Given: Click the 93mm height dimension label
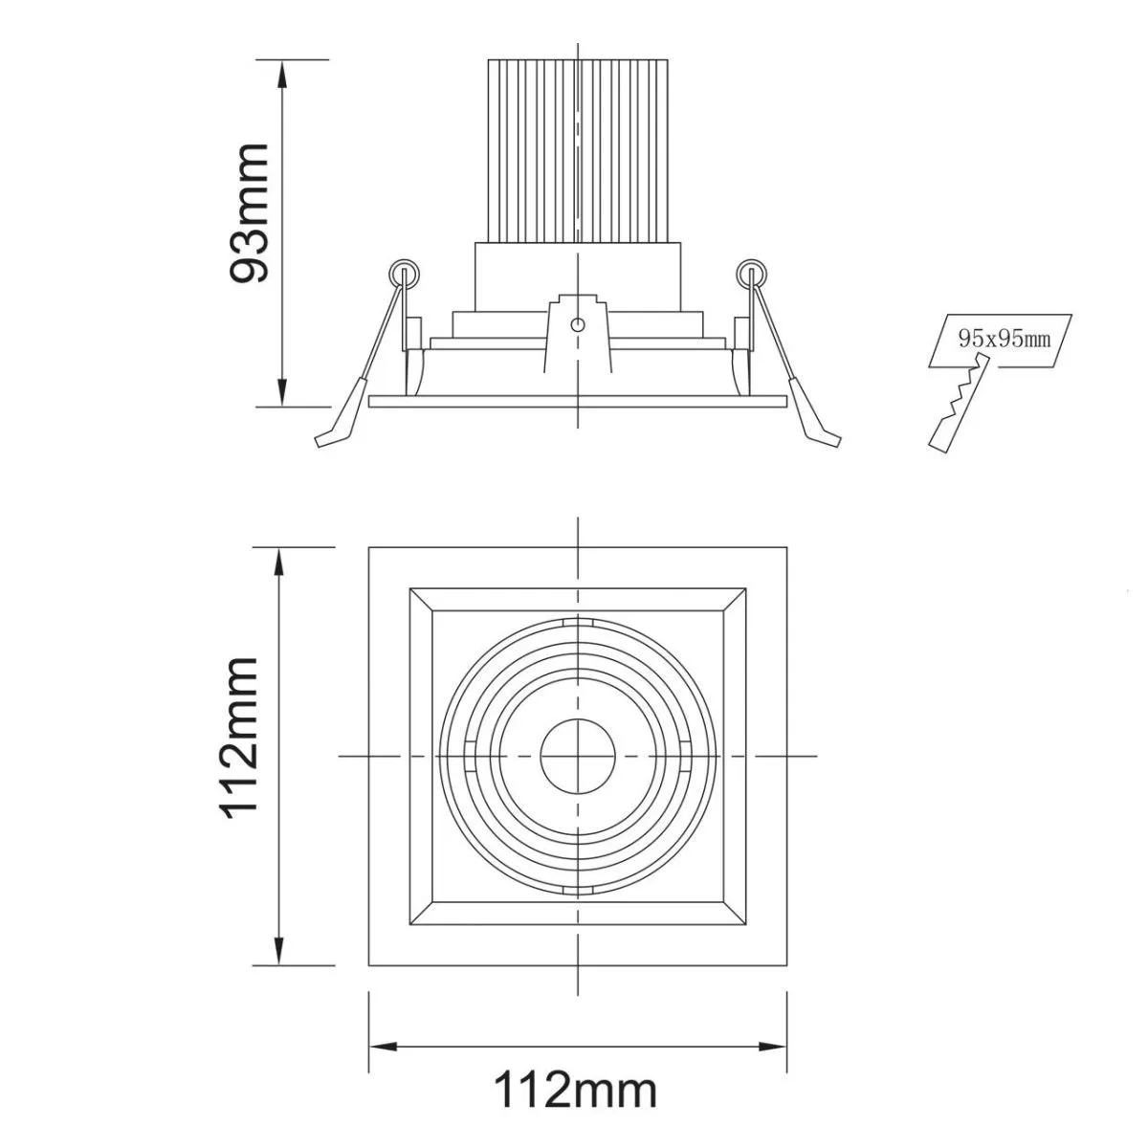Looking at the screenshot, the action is [249, 212].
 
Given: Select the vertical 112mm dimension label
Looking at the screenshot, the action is [240, 739].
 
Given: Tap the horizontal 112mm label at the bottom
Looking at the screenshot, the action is [576, 1056].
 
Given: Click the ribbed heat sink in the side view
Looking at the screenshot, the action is [577, 151].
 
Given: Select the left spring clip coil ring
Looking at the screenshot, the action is [404, 274].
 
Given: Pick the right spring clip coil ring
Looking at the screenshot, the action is [751, 274].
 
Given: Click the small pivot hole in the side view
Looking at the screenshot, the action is [577, 325].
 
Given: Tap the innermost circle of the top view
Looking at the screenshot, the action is [577, 756].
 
